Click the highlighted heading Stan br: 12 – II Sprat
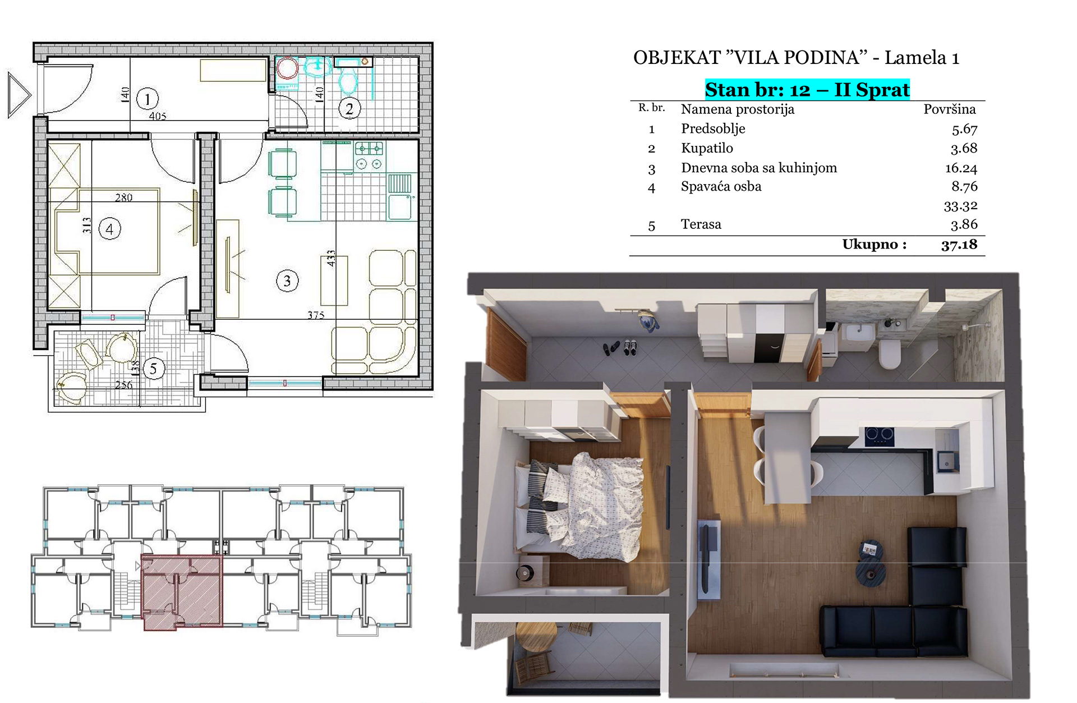807,90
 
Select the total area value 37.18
959,245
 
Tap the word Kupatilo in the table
707,148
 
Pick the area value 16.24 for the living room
961,168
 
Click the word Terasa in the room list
701,224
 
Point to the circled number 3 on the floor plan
287,281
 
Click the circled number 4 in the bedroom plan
109,229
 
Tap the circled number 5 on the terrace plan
154,369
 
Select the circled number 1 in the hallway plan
148,99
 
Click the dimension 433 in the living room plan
331,258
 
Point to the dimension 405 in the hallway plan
158,116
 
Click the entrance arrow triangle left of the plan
19,95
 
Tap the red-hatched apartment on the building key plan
182,591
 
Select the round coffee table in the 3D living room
870,572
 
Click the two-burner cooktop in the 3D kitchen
879,436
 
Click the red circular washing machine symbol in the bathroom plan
288,69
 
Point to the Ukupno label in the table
874,245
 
